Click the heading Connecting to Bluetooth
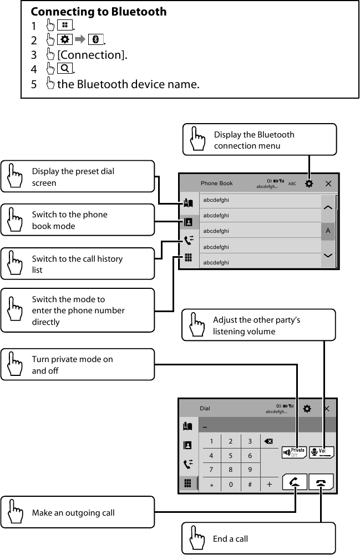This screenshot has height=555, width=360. click(x=98, y=12)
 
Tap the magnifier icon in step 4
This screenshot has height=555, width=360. click(x=64, y=69)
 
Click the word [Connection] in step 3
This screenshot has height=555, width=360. click(x=92, y=55)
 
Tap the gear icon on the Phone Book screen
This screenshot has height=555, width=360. click(x=309, y=184)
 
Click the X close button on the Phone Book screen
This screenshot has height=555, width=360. click(x=328, y=184)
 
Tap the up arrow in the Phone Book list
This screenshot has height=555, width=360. click(x=328, y=207)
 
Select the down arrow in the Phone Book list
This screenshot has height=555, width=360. click(x=328, y=255)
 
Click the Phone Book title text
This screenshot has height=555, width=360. click(x=217, y=184)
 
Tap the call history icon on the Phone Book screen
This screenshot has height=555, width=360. click(x=188, y=240)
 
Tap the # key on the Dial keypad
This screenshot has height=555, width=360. click(x=250, y=484)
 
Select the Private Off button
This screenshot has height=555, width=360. click(x=294, y=452)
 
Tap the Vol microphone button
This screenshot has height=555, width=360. click(x=322, y=452)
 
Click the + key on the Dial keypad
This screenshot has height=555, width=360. click(x=270, y=484)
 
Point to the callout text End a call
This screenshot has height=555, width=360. click(x=230, y=538)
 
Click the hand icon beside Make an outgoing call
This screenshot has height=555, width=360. click(x=16, y=512)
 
